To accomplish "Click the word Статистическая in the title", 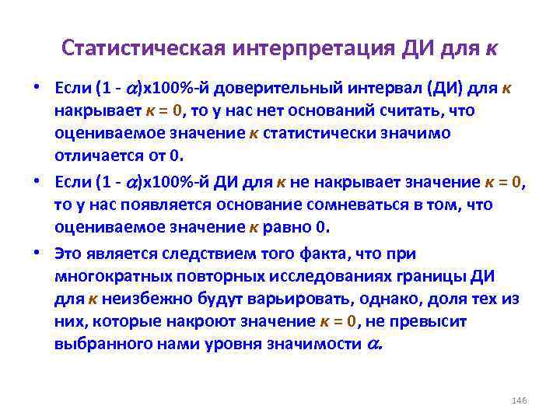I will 142,48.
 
